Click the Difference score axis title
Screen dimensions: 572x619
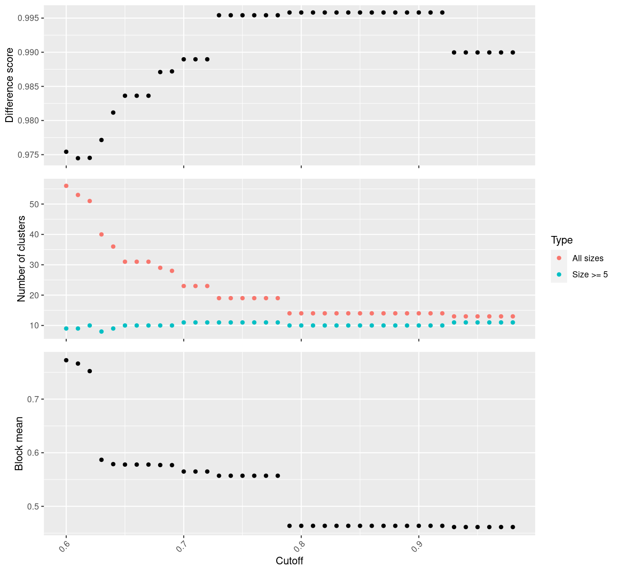tap(10, 85)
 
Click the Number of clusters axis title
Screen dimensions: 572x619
tap(21, 259)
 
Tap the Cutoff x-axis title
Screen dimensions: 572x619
tap(290, 561)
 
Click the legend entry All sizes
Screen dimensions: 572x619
tap(588, 258)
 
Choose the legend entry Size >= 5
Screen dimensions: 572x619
tap(590, 275)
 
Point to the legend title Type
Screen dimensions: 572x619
tap(561, 240)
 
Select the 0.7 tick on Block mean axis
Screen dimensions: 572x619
tap(33, 399)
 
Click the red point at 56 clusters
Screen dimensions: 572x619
tap(66, 186)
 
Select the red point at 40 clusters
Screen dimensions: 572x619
tap(101, 235)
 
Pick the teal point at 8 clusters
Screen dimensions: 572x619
tap(101, 331)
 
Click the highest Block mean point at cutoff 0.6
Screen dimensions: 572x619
tap(66, 360)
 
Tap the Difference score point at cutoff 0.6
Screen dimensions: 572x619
tap(66, 152)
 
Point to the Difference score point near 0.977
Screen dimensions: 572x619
tap(101, 140)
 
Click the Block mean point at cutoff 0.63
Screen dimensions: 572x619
tap(101, 460)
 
